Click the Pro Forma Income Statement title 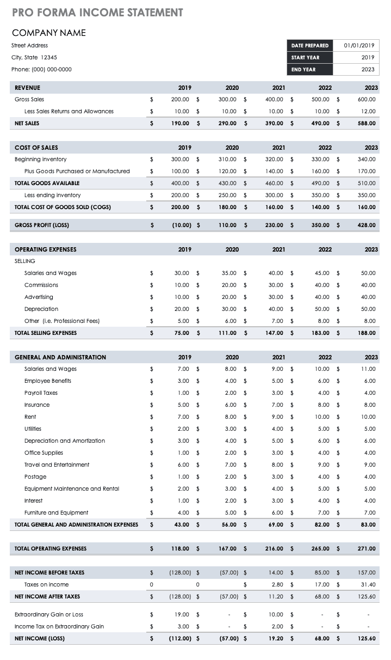(x=97, y=13)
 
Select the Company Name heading (x=49, y=33)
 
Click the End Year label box (x=309, y=70)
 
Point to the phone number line (x=41, y=70)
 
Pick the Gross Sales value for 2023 (x=366, y=100)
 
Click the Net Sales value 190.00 (x=180, y=124)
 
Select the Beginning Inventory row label (x=41, y=160)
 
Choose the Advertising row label (x=39, y=297)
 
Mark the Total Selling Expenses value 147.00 (x=273, y=333)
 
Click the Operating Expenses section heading (x=46, y=249)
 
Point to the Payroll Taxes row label (x=41, y=393)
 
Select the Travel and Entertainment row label (x=57, y=465)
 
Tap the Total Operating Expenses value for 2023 (x=366, y=549)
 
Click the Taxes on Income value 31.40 (x=366, y=585)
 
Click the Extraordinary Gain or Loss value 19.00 (x=182, y=615)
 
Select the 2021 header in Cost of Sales (x=278, y=148)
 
